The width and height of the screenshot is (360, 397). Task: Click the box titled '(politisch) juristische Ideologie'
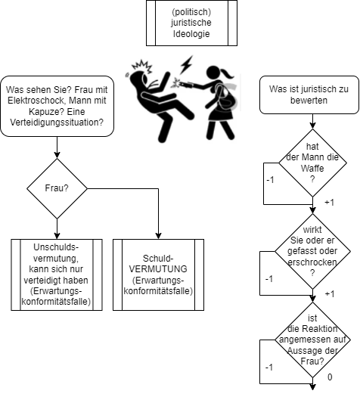pos(191,23)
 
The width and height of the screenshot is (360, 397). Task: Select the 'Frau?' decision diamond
pos(57,188)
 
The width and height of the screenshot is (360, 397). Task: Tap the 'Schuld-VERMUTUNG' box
pos(158,274)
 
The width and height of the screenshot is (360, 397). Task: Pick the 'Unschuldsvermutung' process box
pos(57,274)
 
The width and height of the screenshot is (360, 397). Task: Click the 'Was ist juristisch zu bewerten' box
pos(309,95)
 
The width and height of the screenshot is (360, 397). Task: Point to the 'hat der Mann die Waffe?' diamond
pos(312,163)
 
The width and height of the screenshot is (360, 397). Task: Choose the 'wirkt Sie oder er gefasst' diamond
pos(312,251)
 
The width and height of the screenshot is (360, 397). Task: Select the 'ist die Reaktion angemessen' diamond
pos(312,340)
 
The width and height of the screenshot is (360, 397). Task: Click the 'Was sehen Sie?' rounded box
pos(57,106)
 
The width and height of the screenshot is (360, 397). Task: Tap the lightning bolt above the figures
pos(186,64)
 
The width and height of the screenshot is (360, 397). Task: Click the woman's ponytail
pos(227,73)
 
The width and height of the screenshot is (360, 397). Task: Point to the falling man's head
pos(138,79)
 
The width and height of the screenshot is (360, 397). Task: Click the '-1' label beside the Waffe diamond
pos(270,180)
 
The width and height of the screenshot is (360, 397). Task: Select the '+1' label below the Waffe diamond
pos(329,203)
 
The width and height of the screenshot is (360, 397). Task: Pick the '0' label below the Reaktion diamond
pos(330,377)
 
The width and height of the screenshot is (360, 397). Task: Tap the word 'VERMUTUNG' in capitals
pos(158,269)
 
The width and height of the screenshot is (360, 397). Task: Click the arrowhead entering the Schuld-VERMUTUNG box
pos(158,236)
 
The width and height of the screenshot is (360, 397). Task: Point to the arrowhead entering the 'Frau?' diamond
pos(57,155)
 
